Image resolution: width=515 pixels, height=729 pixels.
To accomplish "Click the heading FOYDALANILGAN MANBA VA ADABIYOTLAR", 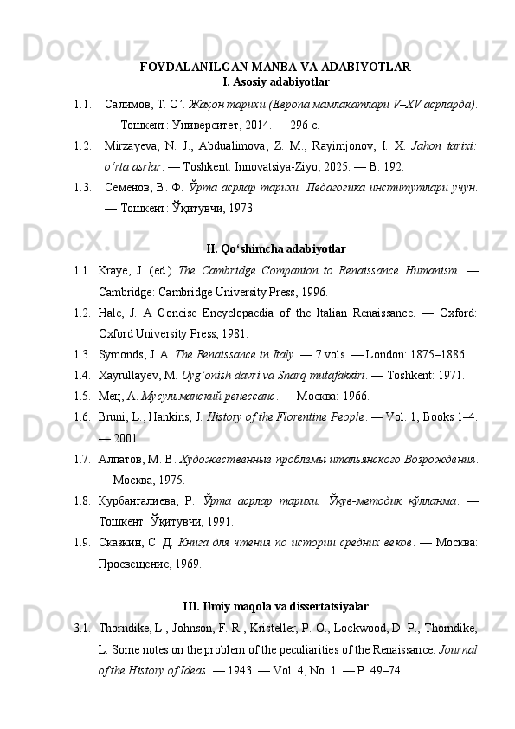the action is click(275, 67).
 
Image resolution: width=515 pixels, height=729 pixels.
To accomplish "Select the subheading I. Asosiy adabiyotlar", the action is click(275, 82).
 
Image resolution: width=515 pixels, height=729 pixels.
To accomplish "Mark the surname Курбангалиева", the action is click(141, 500).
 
